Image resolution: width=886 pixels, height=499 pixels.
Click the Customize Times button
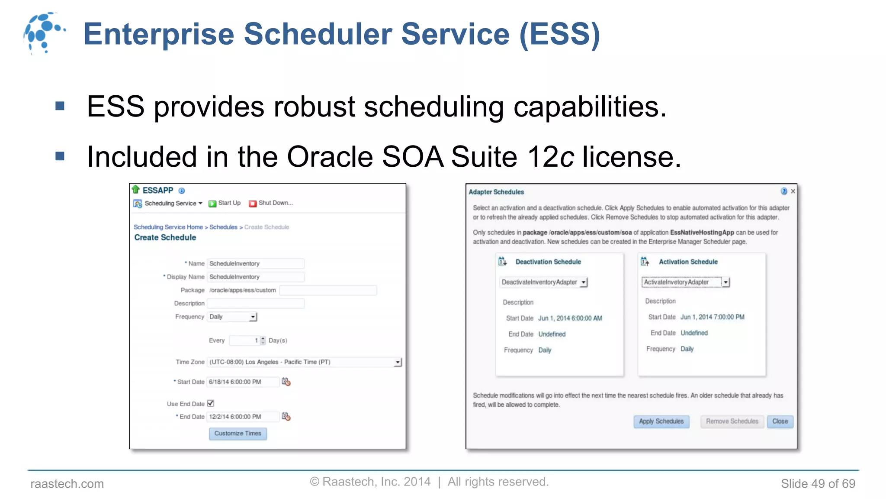point(238,434)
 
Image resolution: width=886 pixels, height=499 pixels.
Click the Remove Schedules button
point(732,421)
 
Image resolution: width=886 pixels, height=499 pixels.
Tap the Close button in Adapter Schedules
point(780,421)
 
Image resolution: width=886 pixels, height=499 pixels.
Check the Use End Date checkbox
point(211,403)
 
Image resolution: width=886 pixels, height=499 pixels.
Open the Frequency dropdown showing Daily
point(232,317)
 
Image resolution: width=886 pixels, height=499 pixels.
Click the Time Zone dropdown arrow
point(398,362)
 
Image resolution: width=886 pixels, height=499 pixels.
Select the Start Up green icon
point(212,204)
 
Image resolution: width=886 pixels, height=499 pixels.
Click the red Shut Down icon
point(253,204)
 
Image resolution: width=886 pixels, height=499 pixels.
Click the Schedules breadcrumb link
point(223,227)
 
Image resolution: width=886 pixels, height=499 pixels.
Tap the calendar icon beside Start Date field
point(286,382)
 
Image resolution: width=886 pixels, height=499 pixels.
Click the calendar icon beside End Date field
point(286,417)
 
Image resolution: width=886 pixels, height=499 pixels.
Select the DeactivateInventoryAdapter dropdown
point(543,282)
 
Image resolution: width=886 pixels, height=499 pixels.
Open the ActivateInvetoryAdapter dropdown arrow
point(725,282)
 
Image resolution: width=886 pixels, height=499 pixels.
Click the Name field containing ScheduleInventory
point(255,263)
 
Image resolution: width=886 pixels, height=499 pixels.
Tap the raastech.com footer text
point(67,484)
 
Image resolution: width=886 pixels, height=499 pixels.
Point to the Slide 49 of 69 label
point(818,484)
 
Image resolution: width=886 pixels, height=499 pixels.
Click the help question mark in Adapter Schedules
point(783,191)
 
